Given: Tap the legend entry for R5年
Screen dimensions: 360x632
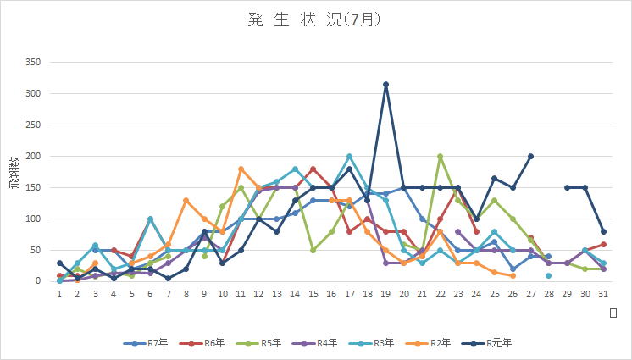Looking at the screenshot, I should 272,342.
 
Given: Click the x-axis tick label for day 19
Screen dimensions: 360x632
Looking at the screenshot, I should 385,294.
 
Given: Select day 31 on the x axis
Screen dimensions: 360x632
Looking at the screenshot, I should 602,294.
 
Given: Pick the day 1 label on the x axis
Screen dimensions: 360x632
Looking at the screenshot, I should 59,294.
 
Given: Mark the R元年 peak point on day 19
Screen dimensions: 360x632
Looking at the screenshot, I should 385,84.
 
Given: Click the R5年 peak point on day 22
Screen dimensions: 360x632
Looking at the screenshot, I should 440,156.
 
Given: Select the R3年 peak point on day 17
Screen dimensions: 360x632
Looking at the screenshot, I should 349,156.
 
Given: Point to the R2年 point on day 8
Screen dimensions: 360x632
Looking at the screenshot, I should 186,200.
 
